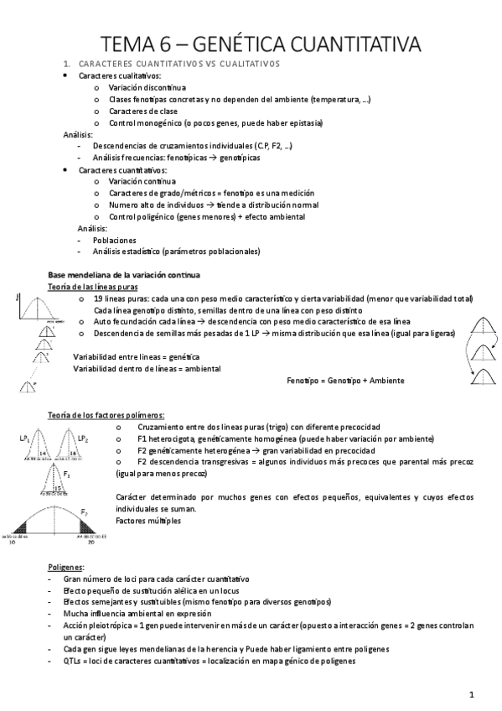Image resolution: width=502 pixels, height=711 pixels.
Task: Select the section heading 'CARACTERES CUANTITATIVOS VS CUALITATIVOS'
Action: coord(178,64)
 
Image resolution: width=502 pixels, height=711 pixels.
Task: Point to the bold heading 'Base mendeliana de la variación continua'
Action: coord(124,276)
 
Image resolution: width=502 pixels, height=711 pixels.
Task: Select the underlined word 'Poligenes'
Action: coord(65,568)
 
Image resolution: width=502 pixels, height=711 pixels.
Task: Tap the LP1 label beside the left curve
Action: coord(24,438)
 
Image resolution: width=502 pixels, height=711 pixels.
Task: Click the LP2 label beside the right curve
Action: coord(82,438)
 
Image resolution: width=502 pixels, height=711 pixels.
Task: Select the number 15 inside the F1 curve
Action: coord(58,486)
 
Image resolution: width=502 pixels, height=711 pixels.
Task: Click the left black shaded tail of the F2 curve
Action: coord(19,526)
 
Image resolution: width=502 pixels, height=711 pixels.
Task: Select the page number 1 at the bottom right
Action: coord(472,693)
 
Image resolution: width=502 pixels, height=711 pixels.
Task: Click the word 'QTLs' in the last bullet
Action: coord(71,661)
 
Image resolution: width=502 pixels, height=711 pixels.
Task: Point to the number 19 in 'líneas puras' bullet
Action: coord(99,299)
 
